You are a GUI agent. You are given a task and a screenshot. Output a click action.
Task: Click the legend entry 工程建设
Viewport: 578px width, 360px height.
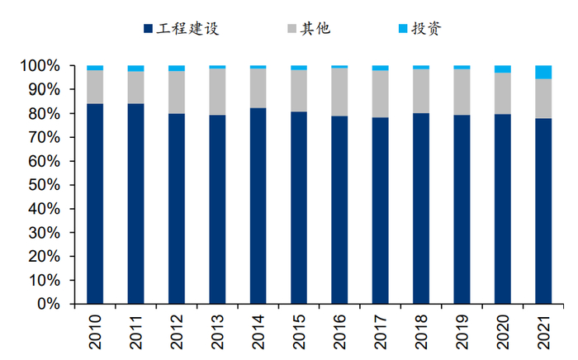coord(188,29)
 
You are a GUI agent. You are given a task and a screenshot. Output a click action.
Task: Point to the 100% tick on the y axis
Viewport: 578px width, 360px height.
coord(41,65)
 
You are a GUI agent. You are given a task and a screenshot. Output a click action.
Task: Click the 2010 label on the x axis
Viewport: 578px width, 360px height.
coord(95,330)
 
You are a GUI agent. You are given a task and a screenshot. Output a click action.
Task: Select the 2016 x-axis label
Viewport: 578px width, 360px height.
coord(339,330)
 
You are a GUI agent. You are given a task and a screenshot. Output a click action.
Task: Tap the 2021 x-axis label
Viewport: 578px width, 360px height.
coord(543,330)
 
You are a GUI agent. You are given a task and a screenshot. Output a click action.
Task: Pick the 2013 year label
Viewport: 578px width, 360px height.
coord(217,330)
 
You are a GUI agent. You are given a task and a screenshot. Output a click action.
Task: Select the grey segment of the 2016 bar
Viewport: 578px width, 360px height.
coord(339,92)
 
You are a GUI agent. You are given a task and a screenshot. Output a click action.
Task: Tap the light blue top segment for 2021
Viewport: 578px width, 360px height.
coord(543,72)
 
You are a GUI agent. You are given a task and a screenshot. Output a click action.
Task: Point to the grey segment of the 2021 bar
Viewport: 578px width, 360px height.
coord(543,98)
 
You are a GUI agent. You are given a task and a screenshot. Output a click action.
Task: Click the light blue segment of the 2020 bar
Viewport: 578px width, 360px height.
coord(502,69)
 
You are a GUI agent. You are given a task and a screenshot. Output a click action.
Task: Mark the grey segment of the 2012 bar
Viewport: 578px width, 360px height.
coord(177,92)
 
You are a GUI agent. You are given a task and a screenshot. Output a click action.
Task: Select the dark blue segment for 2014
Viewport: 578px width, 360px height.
coord(258,206)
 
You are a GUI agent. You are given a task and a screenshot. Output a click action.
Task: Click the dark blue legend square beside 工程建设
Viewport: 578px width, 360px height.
coord(148,29)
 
